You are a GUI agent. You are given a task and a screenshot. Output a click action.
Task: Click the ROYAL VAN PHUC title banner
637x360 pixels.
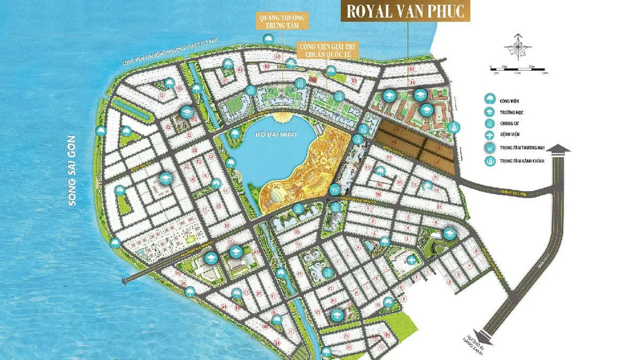[x=405, y=11]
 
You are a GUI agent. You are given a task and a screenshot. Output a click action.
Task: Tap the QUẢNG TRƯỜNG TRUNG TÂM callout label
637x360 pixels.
[x=282, y=21]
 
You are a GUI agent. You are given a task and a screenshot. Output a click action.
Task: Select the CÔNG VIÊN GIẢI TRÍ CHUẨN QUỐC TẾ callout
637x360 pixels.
[x=328, y=50]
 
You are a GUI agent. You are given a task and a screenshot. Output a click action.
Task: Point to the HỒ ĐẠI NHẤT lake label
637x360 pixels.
[x=277, y=134]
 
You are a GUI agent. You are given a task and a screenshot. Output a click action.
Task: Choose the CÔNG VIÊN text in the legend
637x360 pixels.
[x=509, y=101]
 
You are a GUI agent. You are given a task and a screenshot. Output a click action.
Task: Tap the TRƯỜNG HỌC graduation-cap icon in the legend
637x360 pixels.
[x=490, y=112]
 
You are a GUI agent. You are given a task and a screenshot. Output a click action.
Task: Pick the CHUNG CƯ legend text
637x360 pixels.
[x=509, y=123]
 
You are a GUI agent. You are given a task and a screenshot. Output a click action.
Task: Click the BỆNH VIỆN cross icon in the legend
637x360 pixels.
[x=490, y=135]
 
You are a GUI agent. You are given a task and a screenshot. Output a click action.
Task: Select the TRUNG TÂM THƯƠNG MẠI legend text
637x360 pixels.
[x=522, y=148]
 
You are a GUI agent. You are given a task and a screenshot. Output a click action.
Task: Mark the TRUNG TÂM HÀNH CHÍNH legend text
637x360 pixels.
[x=522, y=161]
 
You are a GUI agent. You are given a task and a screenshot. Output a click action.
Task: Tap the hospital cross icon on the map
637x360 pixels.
[x=411, y=260]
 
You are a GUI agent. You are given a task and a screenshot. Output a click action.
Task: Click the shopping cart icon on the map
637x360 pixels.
[x=335, y=189]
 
